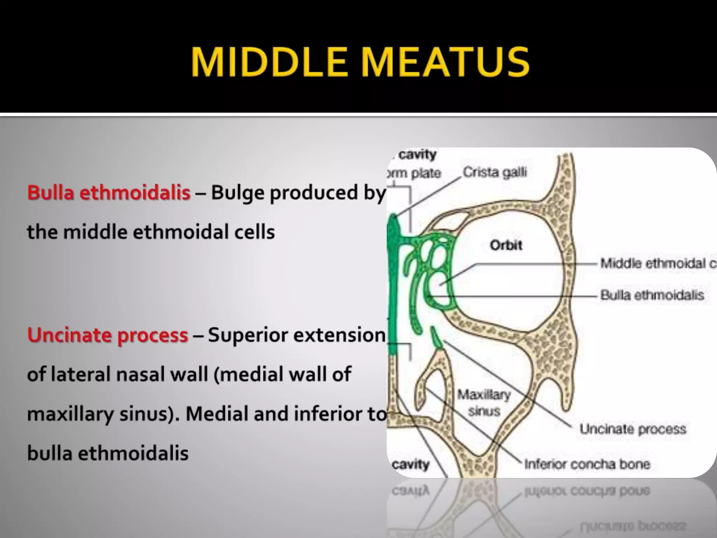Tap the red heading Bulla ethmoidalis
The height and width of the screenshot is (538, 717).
point(109,192)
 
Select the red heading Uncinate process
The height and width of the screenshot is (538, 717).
point(107,335)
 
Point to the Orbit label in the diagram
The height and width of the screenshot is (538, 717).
point(506,245)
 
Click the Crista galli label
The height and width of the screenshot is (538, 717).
point(495,172)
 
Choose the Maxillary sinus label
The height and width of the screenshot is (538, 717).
point(484,403)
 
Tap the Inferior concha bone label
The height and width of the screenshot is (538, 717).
point(587,464)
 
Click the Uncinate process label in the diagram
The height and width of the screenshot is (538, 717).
point(633,429)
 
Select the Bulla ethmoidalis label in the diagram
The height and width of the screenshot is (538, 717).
point(652,295)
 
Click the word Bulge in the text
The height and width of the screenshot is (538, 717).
point(238,193)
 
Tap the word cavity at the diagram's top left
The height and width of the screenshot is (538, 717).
point(417,154)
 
